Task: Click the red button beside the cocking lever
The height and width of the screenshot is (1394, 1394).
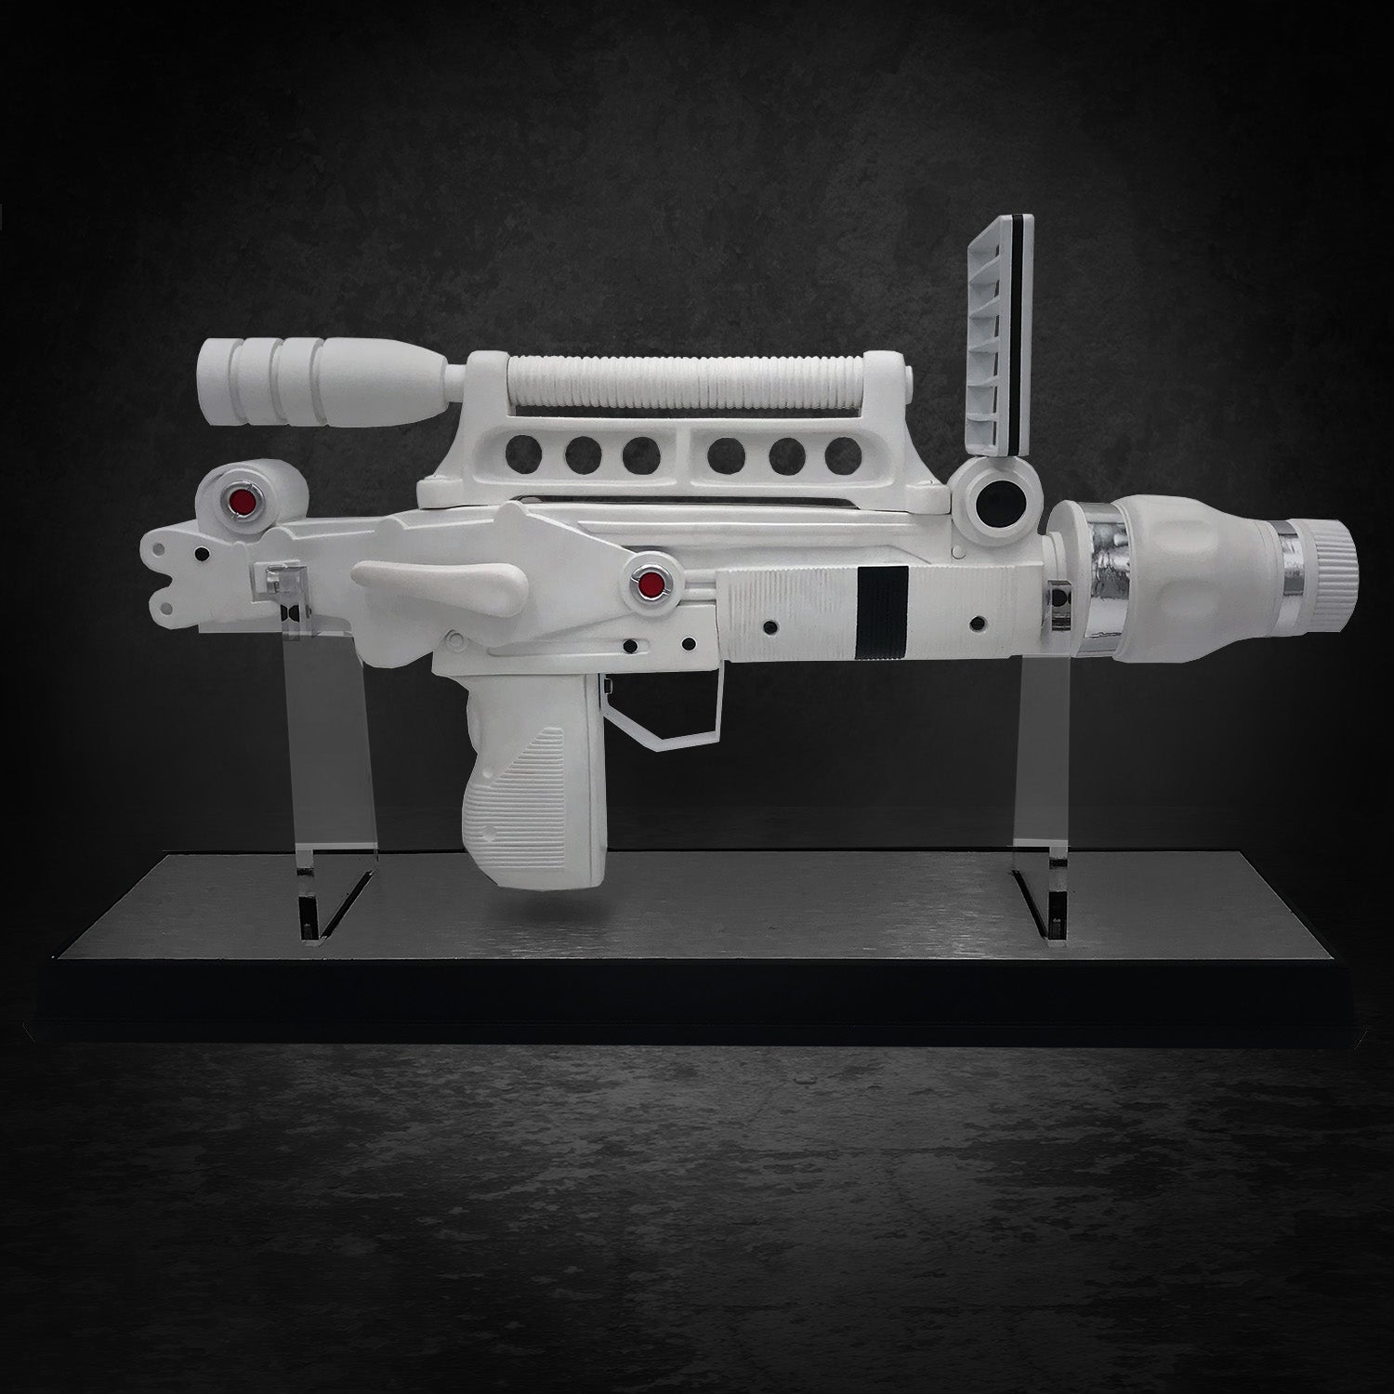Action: (651, 585)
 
